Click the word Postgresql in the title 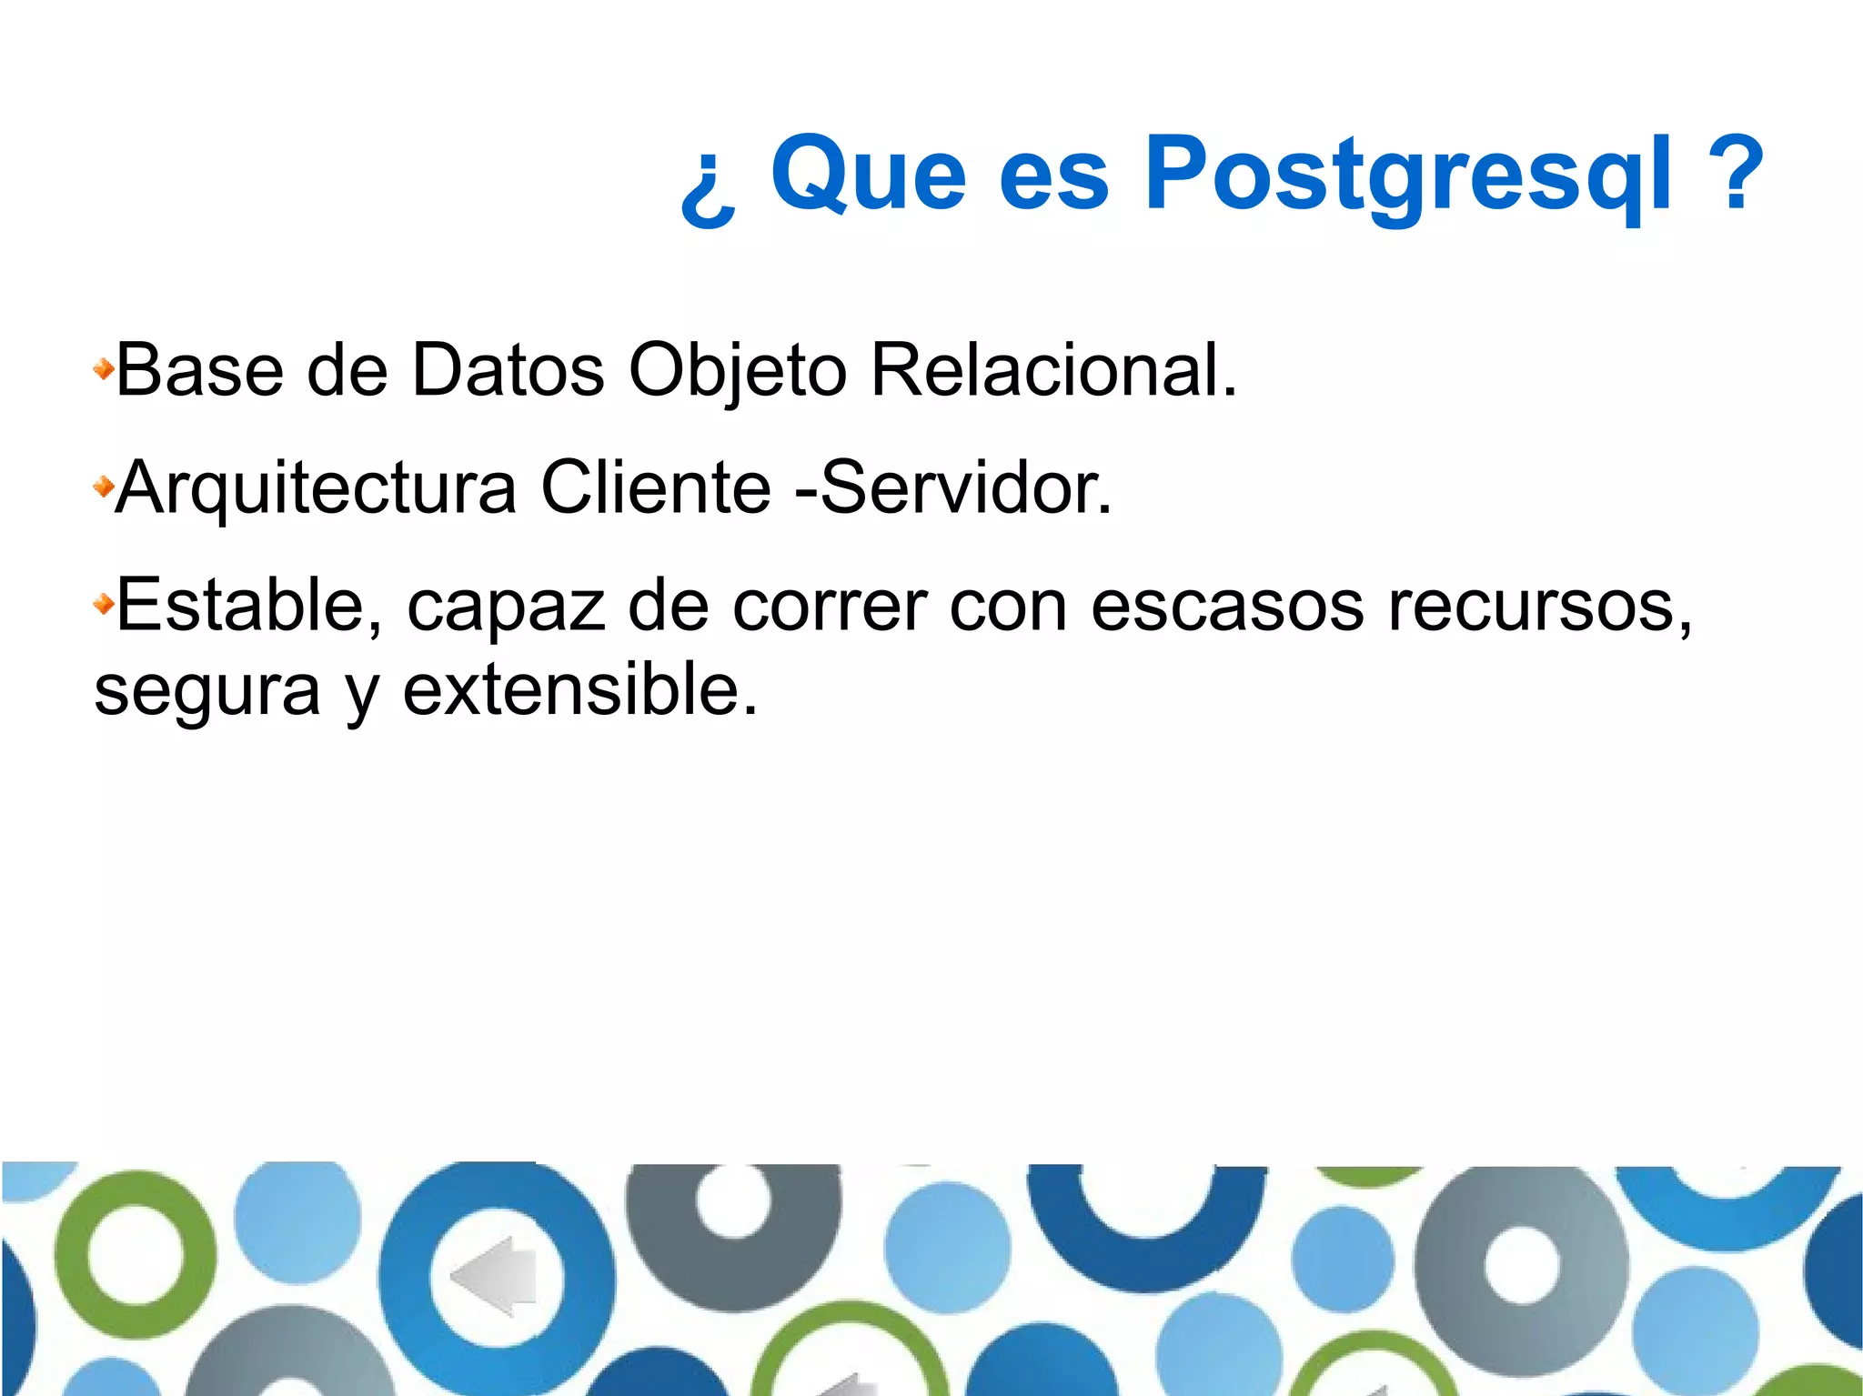click(1407, 175)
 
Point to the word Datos click(508, 370)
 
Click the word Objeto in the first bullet click(737, 370)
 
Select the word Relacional click(1053, 370)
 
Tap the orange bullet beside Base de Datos click(104, 369)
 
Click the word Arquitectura click(316, 488)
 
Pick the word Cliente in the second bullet click(655, 488)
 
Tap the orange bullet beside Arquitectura click(104, 487)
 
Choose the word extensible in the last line click(579, 689)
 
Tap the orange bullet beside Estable click(104, 603)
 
